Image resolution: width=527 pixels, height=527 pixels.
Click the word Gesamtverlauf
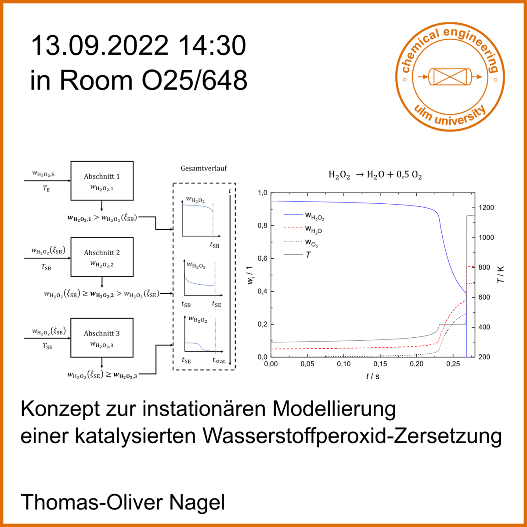pyautogui.click(x=204, y=169)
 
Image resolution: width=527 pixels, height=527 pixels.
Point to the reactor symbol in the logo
pyautogui.click(x=450, y=77)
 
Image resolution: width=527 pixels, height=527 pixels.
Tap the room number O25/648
pyautogui.click(x=195, y=80)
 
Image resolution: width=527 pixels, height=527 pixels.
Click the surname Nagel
pyautogui.click(x=197, y=502)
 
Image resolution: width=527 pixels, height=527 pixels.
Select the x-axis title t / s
pyautogui.click(x=373, y=376)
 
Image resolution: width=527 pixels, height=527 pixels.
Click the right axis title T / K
pyautogui.click(x=501, y=274)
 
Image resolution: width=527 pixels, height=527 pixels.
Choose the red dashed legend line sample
pyautogui.click(x=293, y=228)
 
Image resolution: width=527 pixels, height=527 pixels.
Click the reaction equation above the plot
pyautogui.click(x=375, y=175)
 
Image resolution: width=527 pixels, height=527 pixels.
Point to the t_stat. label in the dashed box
pyautogui.click(x=220, y=361)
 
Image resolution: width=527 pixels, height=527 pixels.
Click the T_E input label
pyautogui.click(x=46, y=188)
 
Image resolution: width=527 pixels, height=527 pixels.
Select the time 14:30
pyautogui.click(x=212, y=46)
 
